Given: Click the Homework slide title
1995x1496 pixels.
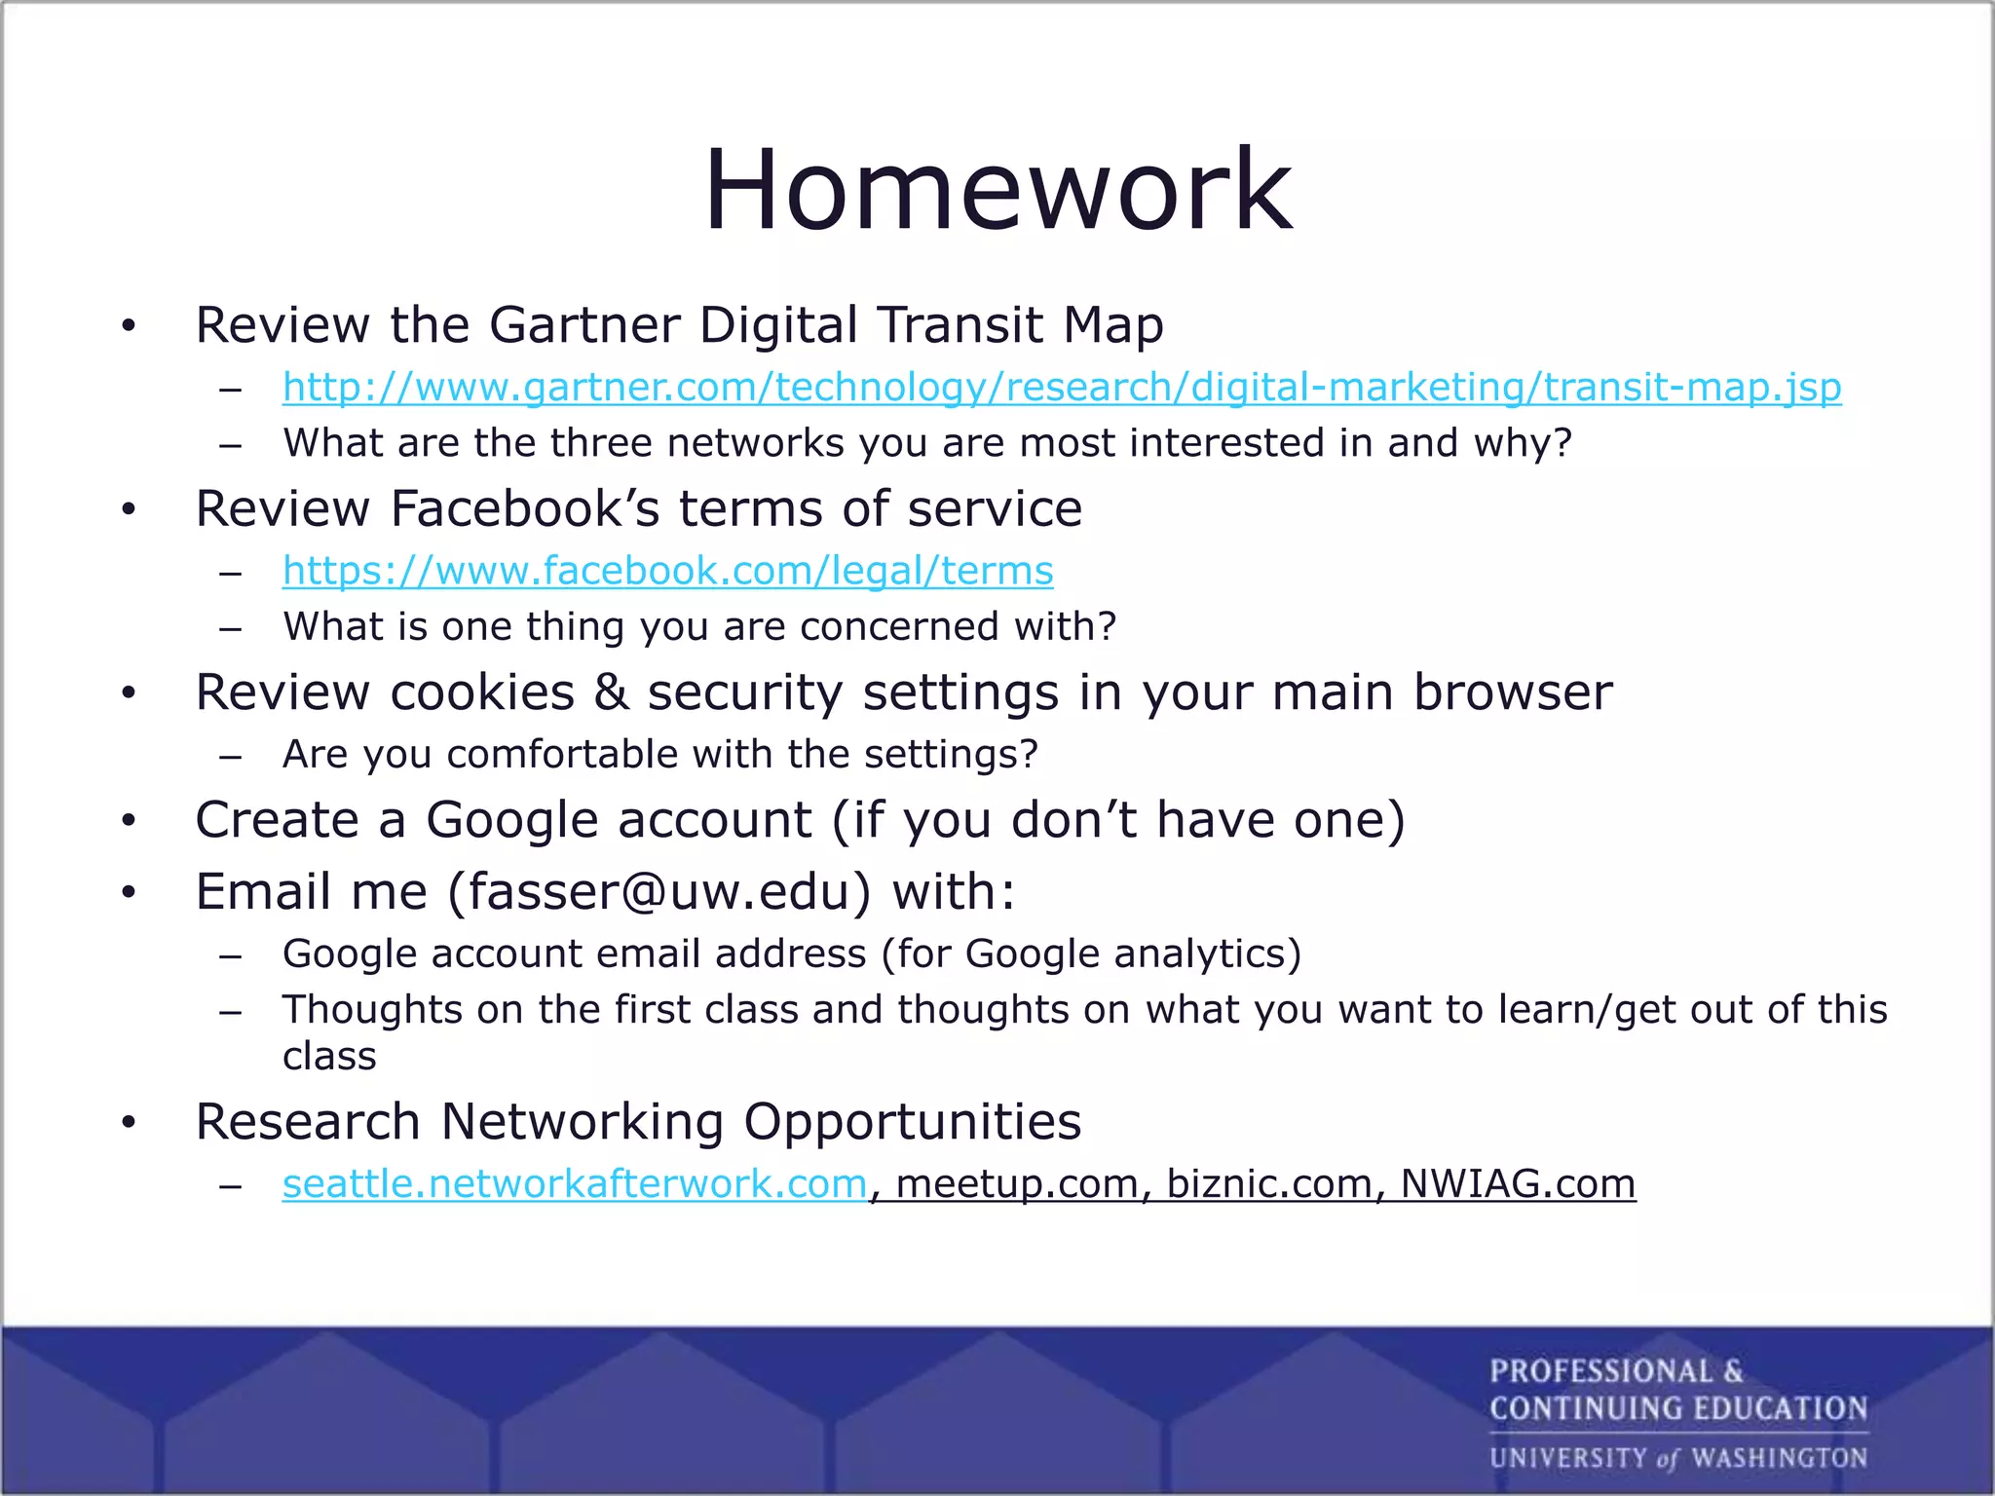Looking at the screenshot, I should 997,190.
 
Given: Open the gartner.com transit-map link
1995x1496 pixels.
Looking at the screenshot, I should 1062,388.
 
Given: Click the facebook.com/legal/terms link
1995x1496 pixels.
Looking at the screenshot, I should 667,571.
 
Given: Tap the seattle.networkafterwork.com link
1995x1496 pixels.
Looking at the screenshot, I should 575,1184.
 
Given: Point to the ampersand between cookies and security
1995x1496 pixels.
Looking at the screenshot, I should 611,692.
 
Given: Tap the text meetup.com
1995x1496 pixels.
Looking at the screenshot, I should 1017,1184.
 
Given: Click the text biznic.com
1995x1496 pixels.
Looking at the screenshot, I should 1270,1184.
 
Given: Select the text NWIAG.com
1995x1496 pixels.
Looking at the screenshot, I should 1518,1184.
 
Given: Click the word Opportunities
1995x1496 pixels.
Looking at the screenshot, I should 913,1122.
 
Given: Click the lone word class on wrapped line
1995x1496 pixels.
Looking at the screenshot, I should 329,1057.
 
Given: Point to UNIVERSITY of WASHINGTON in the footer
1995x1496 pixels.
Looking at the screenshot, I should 1677,1458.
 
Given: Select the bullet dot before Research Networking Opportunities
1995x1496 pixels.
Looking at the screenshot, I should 129,1123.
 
